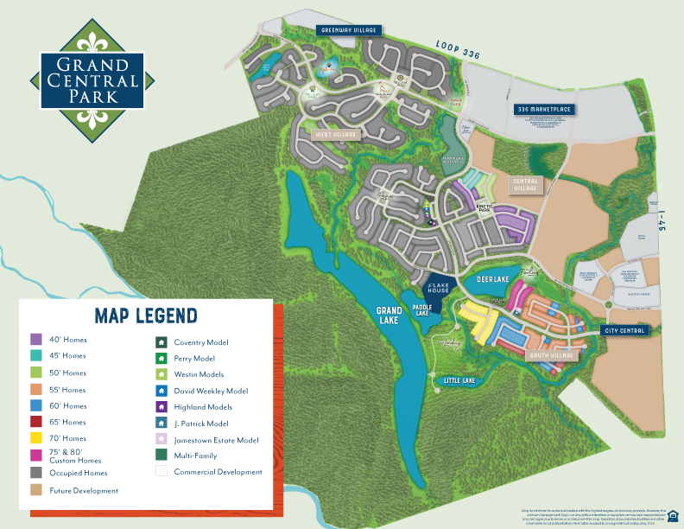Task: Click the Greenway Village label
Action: [349, 29]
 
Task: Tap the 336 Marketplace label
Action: [545, 110]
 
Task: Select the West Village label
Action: [337, 134]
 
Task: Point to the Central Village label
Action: [525, 185]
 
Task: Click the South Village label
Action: [552, 354]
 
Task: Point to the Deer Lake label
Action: [494, 279]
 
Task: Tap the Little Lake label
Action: [459, 380]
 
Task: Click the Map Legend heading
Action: [146, 315]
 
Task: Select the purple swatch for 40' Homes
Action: [36, 340]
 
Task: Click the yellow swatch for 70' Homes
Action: [36, 438]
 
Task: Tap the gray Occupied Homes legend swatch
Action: [36, 473]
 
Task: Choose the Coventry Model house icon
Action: [161, 341]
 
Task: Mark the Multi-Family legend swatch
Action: [161, 456]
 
